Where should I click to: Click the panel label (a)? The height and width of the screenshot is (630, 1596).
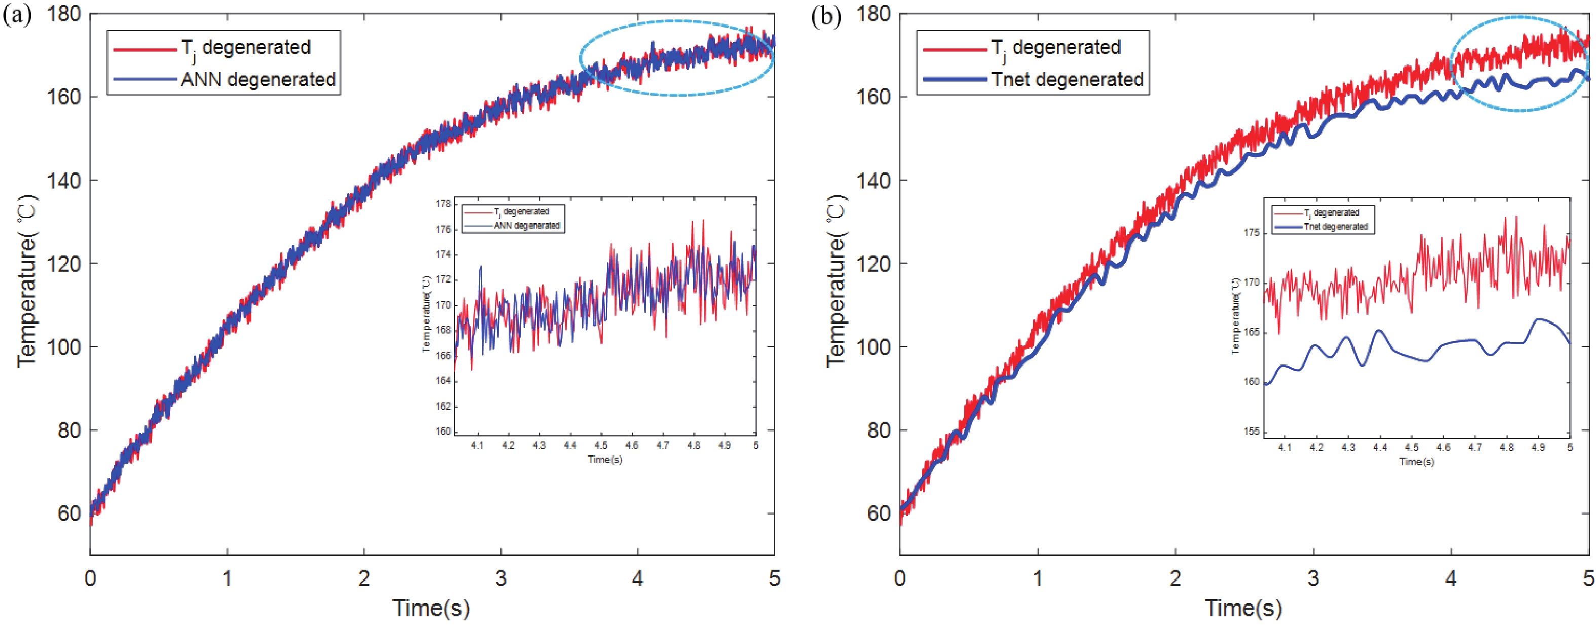coord(17,16)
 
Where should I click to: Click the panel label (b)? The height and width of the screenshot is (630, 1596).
coord(826,16)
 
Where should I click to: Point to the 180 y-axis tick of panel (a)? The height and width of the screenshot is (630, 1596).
coord(64,14)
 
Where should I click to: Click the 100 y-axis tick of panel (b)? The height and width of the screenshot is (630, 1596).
coord(873,347)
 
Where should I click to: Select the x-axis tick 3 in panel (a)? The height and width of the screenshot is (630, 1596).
coord(501,578)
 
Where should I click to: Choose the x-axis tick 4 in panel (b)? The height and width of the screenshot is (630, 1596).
coord(1451,578)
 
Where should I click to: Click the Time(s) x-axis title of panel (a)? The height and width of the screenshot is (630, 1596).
coord(431,608)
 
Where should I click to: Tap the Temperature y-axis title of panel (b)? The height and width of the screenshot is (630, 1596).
coord(837,282)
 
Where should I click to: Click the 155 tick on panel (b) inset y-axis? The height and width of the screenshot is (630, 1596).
coord(1251,432)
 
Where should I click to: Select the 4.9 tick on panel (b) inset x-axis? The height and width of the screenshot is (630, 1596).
coord(1538,448)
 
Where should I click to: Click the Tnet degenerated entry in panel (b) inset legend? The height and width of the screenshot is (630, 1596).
coord(1335,227)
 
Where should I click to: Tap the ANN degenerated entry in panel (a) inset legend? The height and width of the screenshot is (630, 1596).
coord(526,226)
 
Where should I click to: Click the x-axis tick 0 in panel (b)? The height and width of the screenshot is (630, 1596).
coord(900,578)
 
